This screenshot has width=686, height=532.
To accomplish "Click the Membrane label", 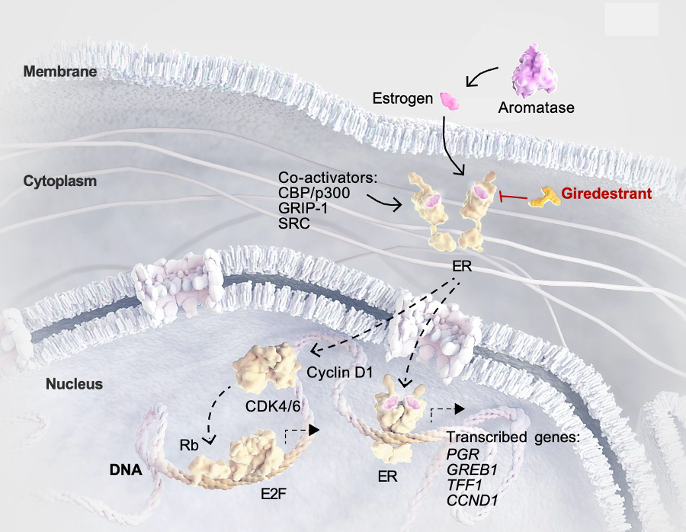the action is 60,72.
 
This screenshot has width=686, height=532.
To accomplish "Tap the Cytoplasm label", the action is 60,181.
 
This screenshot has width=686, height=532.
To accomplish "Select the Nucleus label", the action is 75,384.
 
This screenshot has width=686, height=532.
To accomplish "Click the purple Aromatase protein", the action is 534,71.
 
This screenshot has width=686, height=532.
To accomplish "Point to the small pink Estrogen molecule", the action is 450,101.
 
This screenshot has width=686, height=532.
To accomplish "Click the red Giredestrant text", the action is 607,194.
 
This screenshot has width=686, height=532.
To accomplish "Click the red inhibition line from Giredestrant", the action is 513,197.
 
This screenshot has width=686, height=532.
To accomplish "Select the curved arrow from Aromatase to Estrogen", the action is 480,75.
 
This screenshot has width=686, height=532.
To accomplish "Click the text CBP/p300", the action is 314,193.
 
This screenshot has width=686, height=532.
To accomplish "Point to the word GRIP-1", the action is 303,208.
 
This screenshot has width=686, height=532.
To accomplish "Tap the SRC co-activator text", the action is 294,223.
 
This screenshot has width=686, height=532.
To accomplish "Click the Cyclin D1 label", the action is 340,373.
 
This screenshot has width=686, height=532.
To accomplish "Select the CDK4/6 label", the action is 273,406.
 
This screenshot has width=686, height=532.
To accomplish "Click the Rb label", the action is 189,445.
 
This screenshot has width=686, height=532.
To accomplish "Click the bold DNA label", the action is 126,470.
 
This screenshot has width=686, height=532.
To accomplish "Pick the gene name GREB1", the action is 472,470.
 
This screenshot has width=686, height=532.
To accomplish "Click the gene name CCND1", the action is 473,501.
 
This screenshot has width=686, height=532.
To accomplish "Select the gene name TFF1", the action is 464,486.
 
